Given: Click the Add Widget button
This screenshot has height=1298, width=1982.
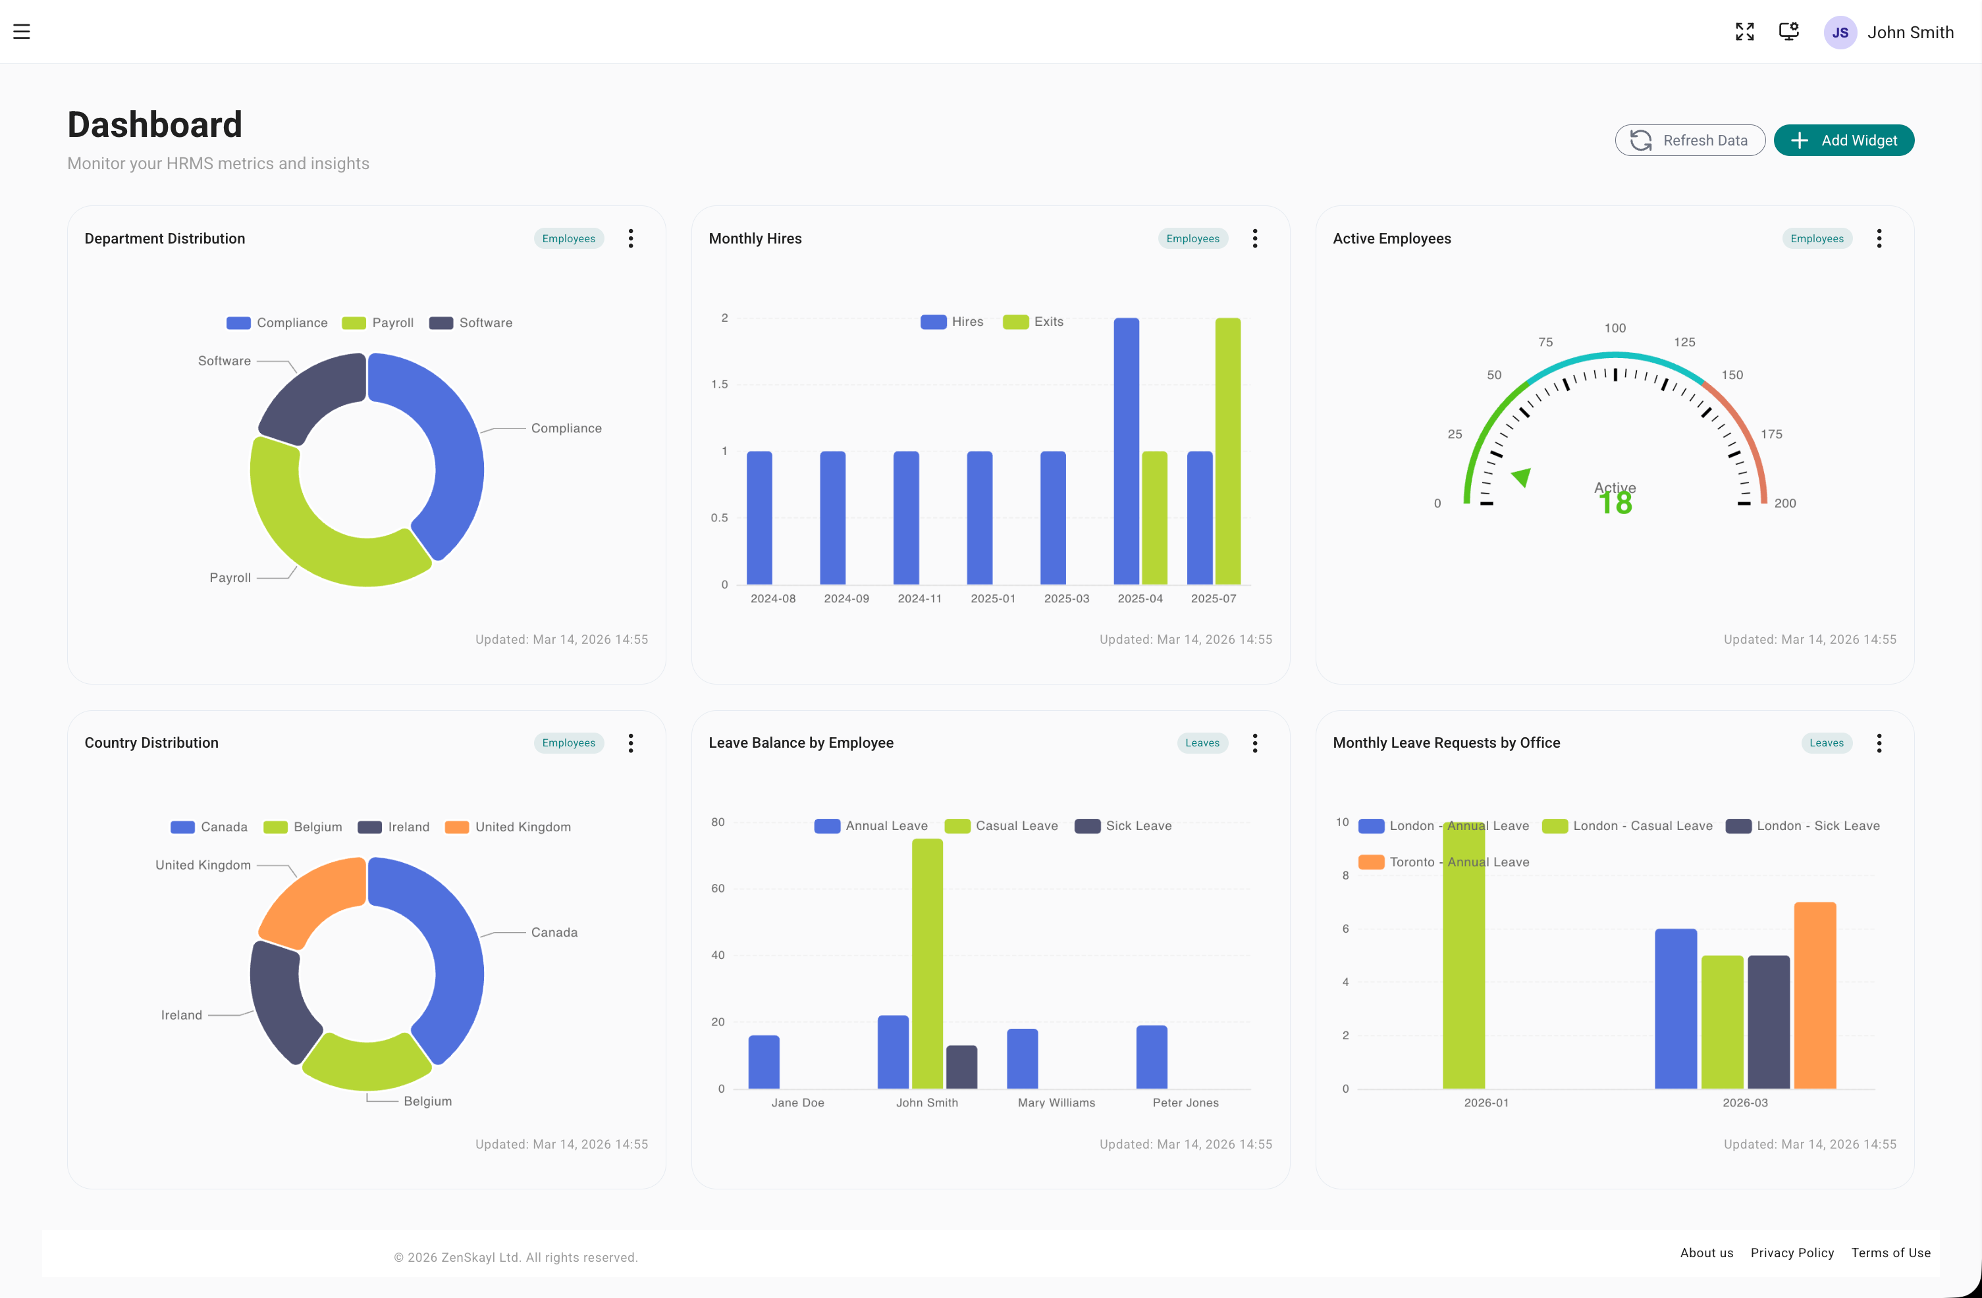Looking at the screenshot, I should click(1843, 140).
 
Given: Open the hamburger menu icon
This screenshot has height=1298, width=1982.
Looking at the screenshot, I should click(22, 32).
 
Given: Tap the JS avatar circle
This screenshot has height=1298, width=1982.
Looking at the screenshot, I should click(1840, 32).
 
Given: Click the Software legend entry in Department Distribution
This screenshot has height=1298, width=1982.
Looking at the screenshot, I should click(471, 323).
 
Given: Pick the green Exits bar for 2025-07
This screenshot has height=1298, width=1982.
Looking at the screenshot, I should click(1227, 450).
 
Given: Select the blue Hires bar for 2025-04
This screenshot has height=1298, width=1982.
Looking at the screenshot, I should click(1126, 450).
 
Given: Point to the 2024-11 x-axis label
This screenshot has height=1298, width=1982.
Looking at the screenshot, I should click(919, 598).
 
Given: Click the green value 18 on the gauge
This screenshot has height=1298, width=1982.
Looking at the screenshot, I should click(1615, 504).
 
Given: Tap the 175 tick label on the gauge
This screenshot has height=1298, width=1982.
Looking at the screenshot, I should click(1771, 434).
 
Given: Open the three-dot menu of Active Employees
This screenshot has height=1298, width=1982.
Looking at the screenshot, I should click(1879, 239).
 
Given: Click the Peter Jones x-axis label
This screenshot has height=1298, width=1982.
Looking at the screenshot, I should click(1185, 1103).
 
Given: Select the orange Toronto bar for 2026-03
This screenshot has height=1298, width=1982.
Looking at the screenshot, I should click(1815, 995).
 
